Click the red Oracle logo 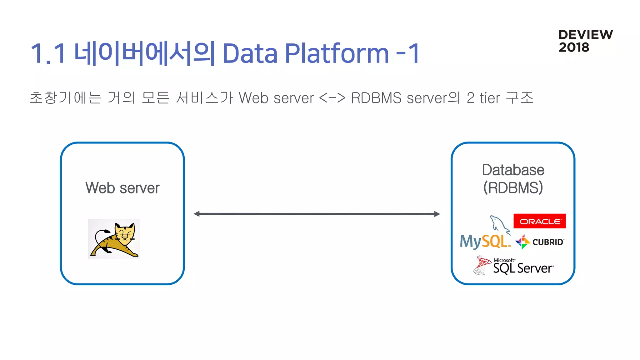pyautogui.click(x=539, y=221)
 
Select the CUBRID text pyautogui.click(x=548, y=242)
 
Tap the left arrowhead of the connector pyautogui.click(x=197, y=214)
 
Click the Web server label pyautogui.click(x=122, y=188)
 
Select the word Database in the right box pyautogui.click(x=513, y=170)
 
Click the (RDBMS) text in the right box pyautogui.click(x=513, y=187)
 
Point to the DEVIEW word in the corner pyautogui.click(x=585, y=35)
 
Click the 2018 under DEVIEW pyautogui.click(x=574, y=47)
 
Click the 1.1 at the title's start pyautogui.click(x=48, y=54)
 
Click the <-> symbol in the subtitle pyautogui.click(x=332, y=98)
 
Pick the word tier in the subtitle pyautogui.click(x=490, y=98)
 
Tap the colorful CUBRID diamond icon pyautogui.click(x=522, y=242)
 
